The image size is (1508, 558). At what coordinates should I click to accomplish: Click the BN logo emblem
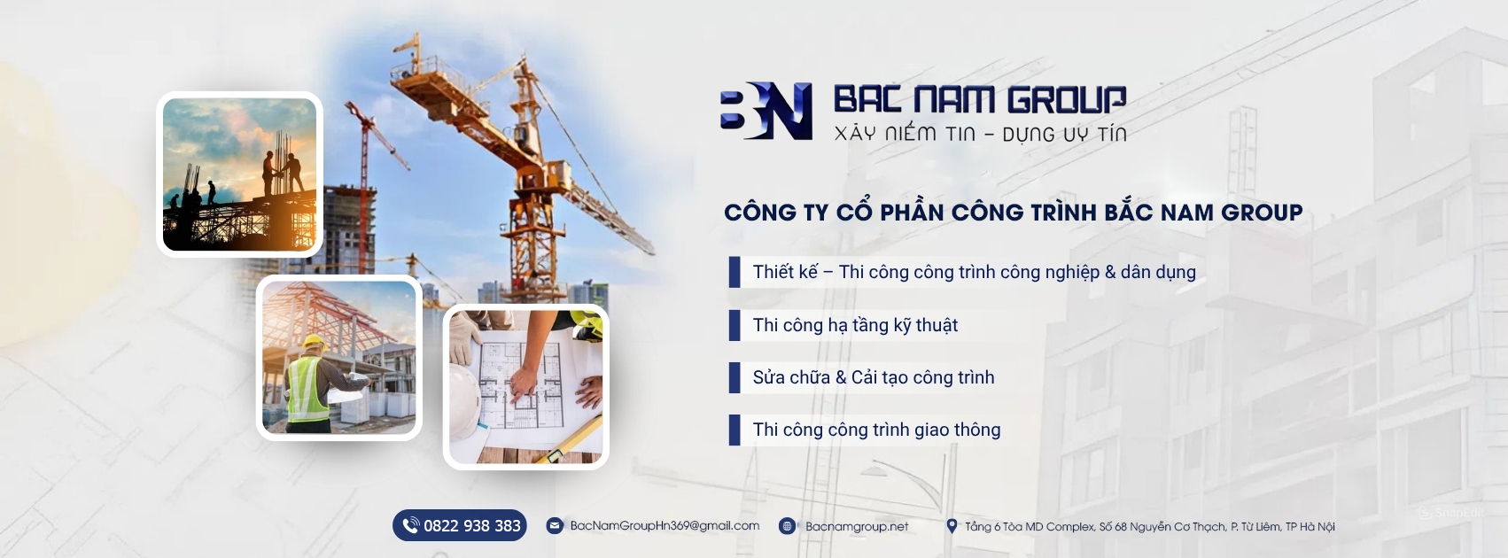(x=766, y=111)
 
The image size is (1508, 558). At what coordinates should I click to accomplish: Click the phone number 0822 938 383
(x=472, y=526)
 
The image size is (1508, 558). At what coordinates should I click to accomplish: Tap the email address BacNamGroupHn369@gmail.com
(x=665, y=526)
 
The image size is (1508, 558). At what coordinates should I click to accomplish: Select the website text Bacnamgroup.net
(x=857, y=526)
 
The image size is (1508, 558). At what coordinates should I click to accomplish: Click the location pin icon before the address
(x=952, y=526)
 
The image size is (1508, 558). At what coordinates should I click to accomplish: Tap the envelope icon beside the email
(x=555, y=526)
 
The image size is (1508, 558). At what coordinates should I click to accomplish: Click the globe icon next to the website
(x=787, y=526)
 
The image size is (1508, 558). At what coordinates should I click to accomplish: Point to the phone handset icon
(x=410, y=525)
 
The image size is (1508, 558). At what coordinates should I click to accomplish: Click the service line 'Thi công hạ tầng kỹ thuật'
(x=855, y=325)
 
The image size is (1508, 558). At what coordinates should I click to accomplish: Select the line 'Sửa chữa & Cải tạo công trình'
(x=873, y=377)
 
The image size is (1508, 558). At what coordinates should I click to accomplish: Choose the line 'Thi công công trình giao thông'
(x=876, y=430)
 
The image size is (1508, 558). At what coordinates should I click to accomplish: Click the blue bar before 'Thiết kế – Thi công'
(x=735, y=272)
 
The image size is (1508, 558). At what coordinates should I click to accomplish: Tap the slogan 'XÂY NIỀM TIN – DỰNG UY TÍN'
(x=980, y=133)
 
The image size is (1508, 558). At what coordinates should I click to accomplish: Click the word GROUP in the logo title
(x=1056, y=99)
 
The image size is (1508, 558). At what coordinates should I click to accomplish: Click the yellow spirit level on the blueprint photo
(x=565, y=442)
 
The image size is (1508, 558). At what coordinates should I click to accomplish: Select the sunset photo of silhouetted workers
(x=239, y=174)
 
